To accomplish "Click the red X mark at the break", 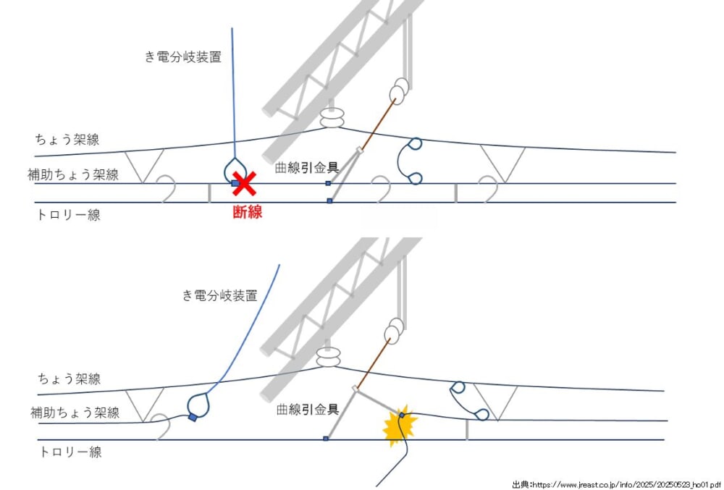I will (x=245, y=185).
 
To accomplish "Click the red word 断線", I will (x=247, y=212).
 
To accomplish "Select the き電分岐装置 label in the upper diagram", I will (x=183, y=57).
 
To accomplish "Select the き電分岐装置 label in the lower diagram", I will (x=219, y=295).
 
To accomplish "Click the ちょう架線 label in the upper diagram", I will (x=67, y=140).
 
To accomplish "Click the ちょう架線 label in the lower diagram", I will (x=69, y=379).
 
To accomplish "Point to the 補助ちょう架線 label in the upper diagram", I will (x=73, y=174).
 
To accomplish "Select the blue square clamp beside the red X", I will (x=235, y=184).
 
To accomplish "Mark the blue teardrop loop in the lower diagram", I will (x=198, y=406).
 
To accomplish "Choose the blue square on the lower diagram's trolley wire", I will (x=327, y=439).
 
